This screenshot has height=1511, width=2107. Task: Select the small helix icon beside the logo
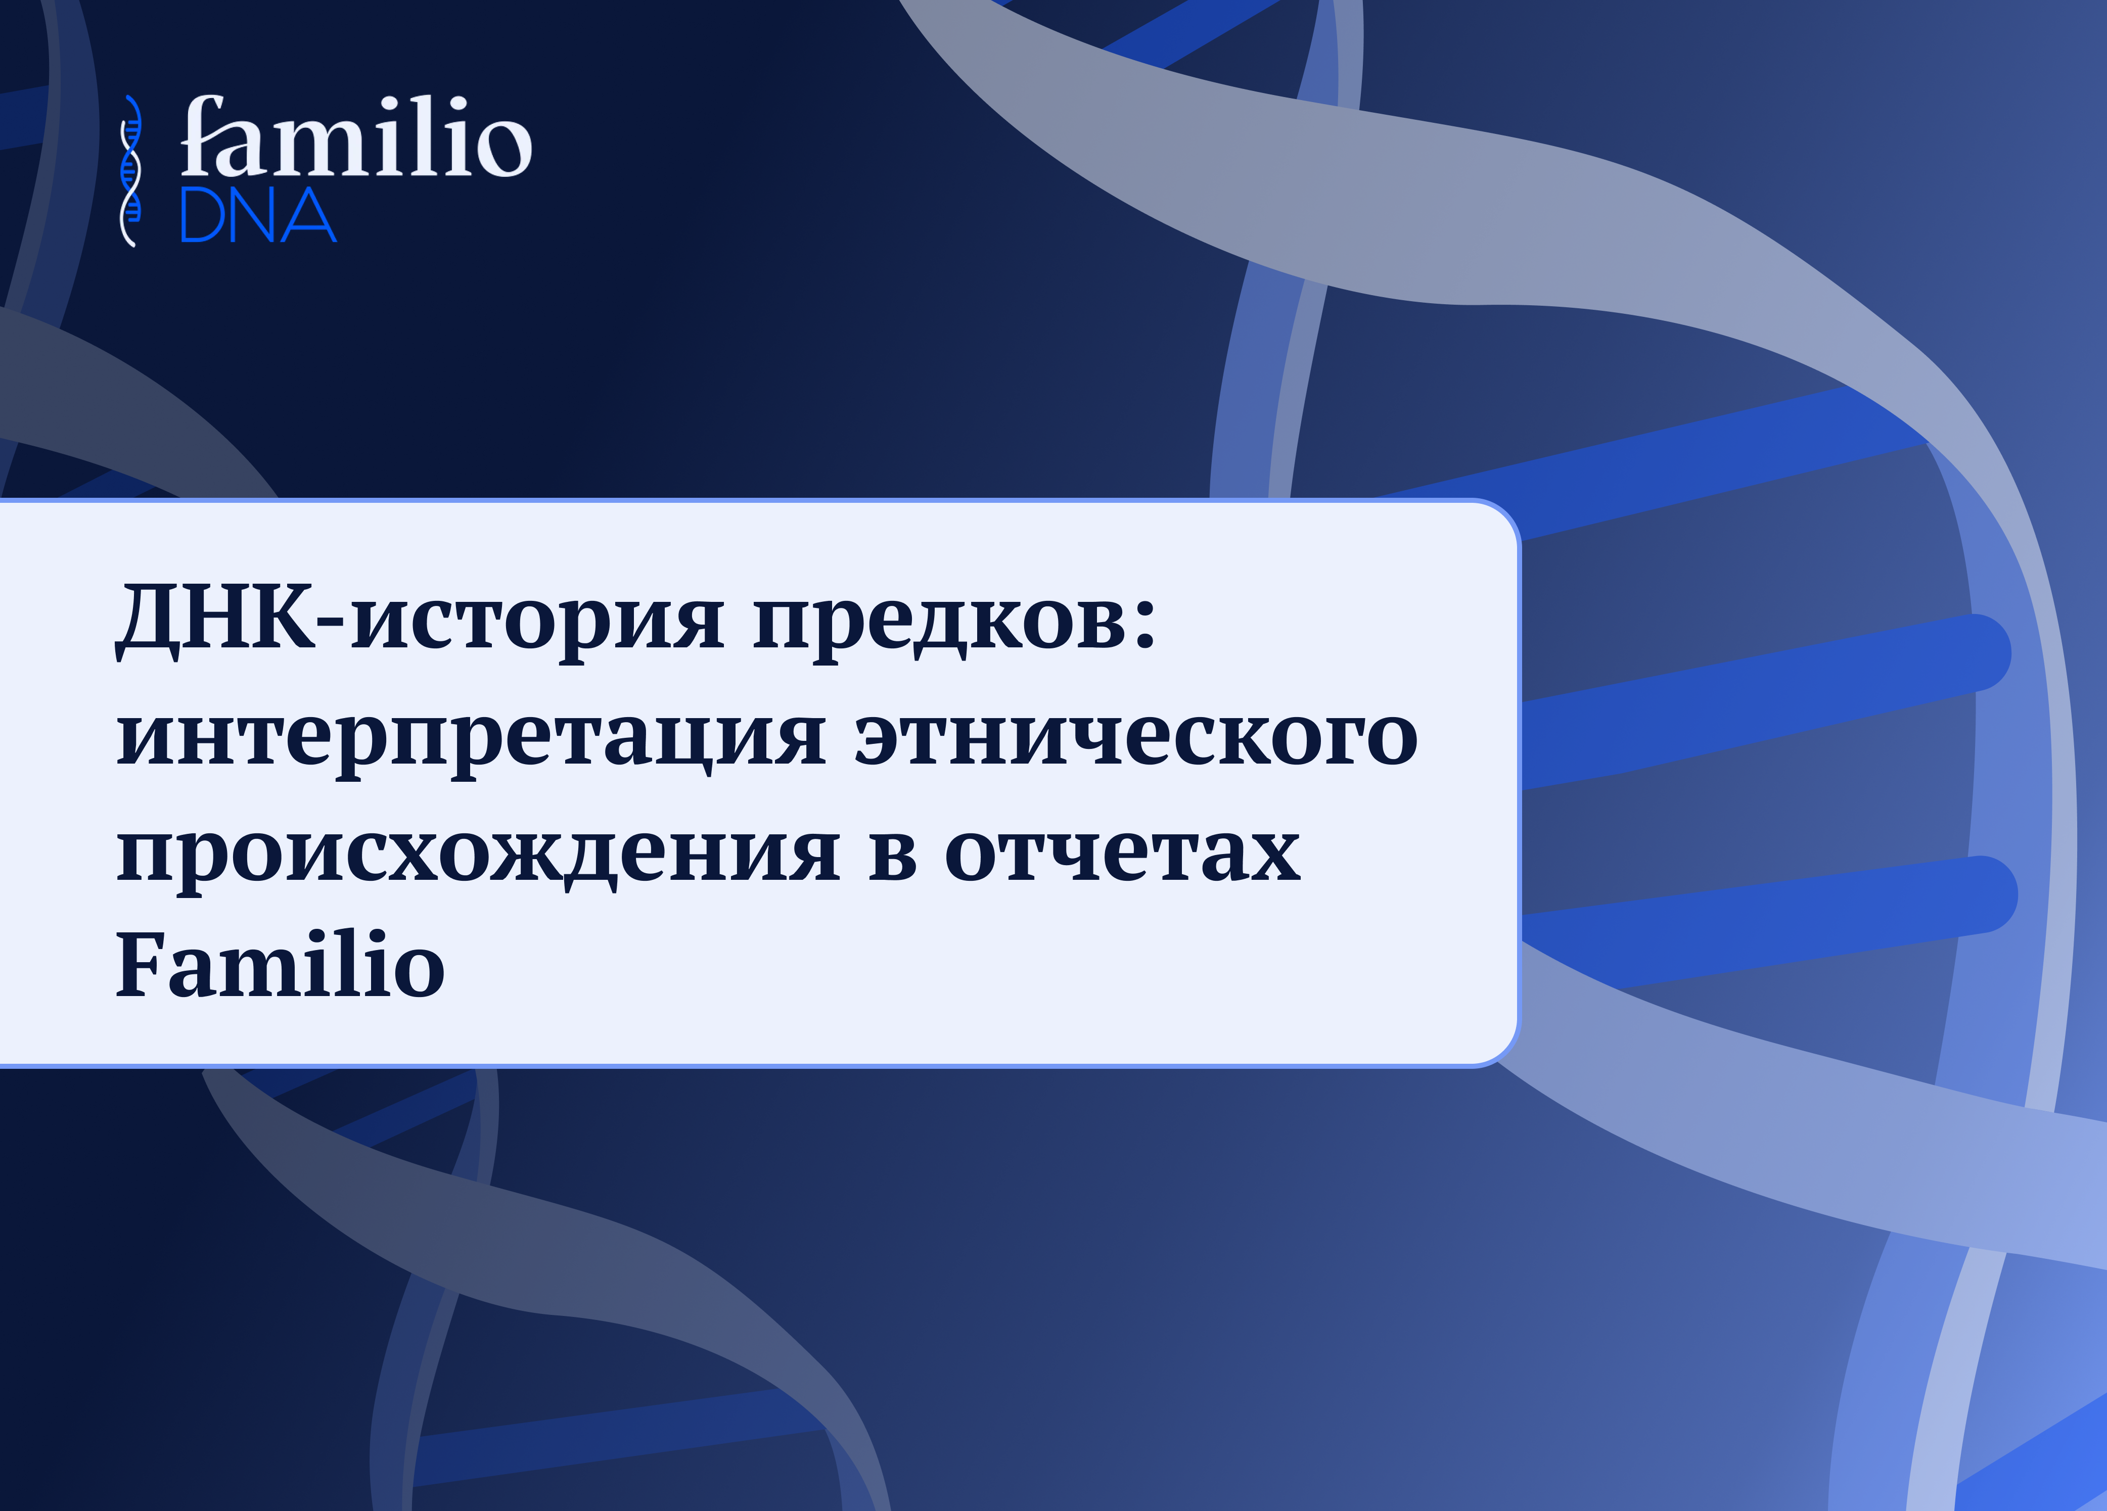click(131, 171)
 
